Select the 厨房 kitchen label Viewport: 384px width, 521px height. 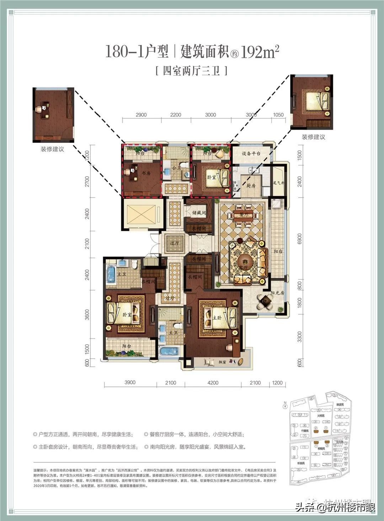coord(251,186)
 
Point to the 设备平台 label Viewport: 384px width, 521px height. coord(251,154)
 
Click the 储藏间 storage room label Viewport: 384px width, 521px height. coord(199,213)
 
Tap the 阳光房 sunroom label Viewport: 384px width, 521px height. coord(277,293)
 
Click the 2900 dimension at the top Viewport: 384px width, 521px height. coord(141,115)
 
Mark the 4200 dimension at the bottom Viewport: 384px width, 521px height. coord(213,383)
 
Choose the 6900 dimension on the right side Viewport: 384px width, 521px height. coord(299,239)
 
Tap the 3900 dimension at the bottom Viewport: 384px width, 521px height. coord(130,382)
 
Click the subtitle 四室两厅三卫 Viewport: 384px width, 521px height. coord(192,71)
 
